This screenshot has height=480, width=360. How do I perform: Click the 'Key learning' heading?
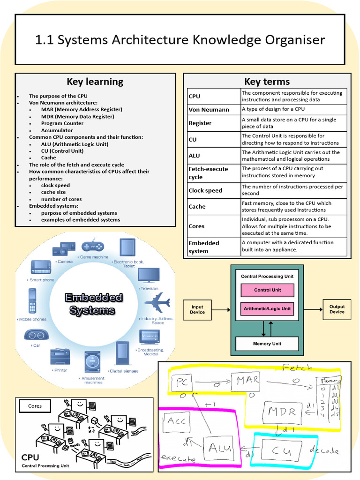(95, 82)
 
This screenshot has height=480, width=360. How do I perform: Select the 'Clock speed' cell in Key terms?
(205, 190)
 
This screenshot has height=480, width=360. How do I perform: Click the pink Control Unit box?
(267, 290)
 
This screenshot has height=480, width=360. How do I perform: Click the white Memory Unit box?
(267, 344)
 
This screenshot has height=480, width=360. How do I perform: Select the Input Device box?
(197, 309)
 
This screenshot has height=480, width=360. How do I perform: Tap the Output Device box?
(337, 309)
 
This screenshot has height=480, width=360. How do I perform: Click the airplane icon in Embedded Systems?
(157, 302)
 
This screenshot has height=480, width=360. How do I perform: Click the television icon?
(149, 275)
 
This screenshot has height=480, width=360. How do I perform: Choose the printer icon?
(60, 357)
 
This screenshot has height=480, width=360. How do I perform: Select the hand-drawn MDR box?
(281, 412)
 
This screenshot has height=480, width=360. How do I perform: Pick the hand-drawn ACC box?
(176, 420)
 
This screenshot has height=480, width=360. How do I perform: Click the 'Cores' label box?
(35, 406)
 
